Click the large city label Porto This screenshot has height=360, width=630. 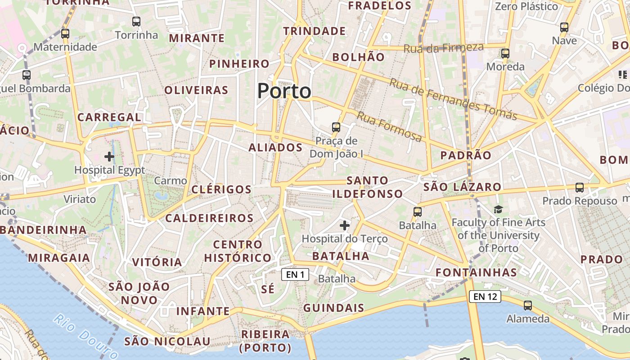[284, 91]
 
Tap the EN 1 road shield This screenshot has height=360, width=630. [295, 274]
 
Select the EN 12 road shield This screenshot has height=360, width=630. [485, 296]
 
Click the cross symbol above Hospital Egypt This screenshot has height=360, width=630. [109, 157]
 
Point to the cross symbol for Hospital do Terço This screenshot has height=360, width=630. [345, 225]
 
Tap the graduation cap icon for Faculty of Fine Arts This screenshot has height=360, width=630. [498, 209]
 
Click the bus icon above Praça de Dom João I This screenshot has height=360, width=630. [336, 127]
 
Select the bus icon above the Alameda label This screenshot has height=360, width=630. [528, 305]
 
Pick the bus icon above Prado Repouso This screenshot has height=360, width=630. [580, 187]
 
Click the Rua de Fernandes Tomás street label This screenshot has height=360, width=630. [453, 99]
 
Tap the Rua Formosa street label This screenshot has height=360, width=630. [390, 126]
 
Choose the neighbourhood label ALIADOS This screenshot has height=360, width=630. [275, 148]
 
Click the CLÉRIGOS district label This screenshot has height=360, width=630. [221, 189]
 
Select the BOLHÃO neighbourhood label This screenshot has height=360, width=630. [358, 57]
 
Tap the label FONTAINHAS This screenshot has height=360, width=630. [476, 273]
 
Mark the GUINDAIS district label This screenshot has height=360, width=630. [333, 308]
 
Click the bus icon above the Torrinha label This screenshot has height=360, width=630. [136, 21]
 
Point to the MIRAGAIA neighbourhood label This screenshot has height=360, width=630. [59, 258]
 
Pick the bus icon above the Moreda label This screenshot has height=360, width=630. [505, 53]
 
